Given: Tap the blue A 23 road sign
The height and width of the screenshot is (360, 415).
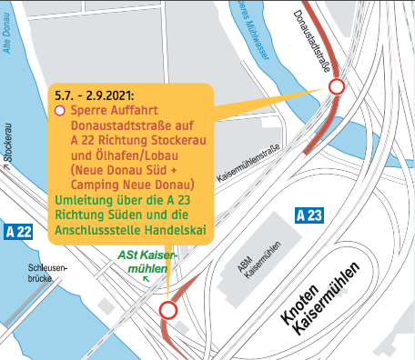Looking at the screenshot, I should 309,215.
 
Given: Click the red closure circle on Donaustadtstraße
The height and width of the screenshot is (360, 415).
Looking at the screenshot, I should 337,87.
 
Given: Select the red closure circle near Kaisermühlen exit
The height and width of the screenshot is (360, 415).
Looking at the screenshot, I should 168,311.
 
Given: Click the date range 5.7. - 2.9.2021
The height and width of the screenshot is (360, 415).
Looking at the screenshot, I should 95,94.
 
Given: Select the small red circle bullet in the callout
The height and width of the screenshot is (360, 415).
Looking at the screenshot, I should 60,110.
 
